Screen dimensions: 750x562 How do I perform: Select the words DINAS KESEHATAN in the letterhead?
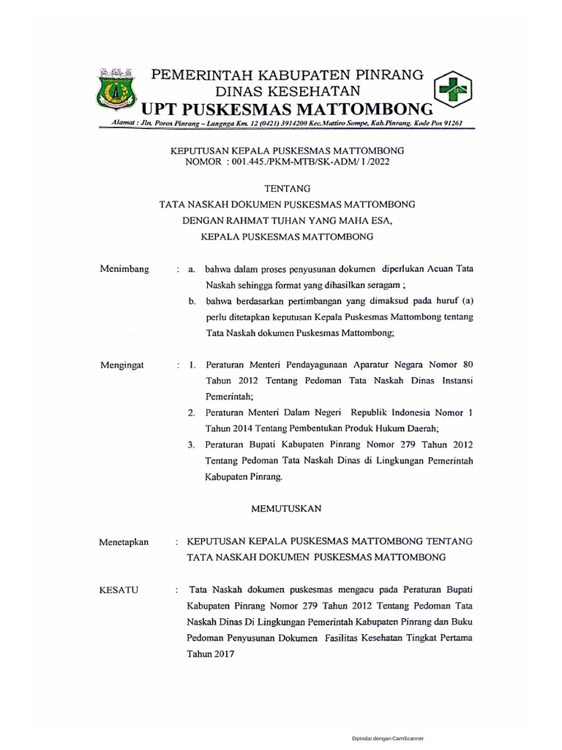tap(287, 91)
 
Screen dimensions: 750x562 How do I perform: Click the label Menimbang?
tap(124, 269)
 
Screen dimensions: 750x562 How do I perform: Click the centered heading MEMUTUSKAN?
tap(287, 508)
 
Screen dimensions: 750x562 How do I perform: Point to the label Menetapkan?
tap(124, 542)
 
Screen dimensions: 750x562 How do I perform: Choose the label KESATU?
tap(120, 590)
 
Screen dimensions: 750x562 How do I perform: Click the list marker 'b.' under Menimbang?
tap(191, 301)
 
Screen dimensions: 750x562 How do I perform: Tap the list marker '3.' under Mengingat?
tap(190, 445)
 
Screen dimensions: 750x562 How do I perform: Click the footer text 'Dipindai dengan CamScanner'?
tap(388, 739)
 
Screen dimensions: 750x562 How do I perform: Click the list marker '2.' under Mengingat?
tap(190, 413)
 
